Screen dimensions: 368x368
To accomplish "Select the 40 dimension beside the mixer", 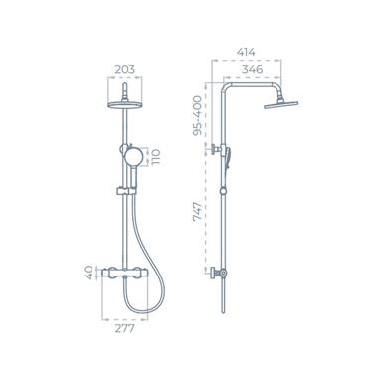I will coord(90,272).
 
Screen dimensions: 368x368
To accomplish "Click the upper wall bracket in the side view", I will coord(214,151).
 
